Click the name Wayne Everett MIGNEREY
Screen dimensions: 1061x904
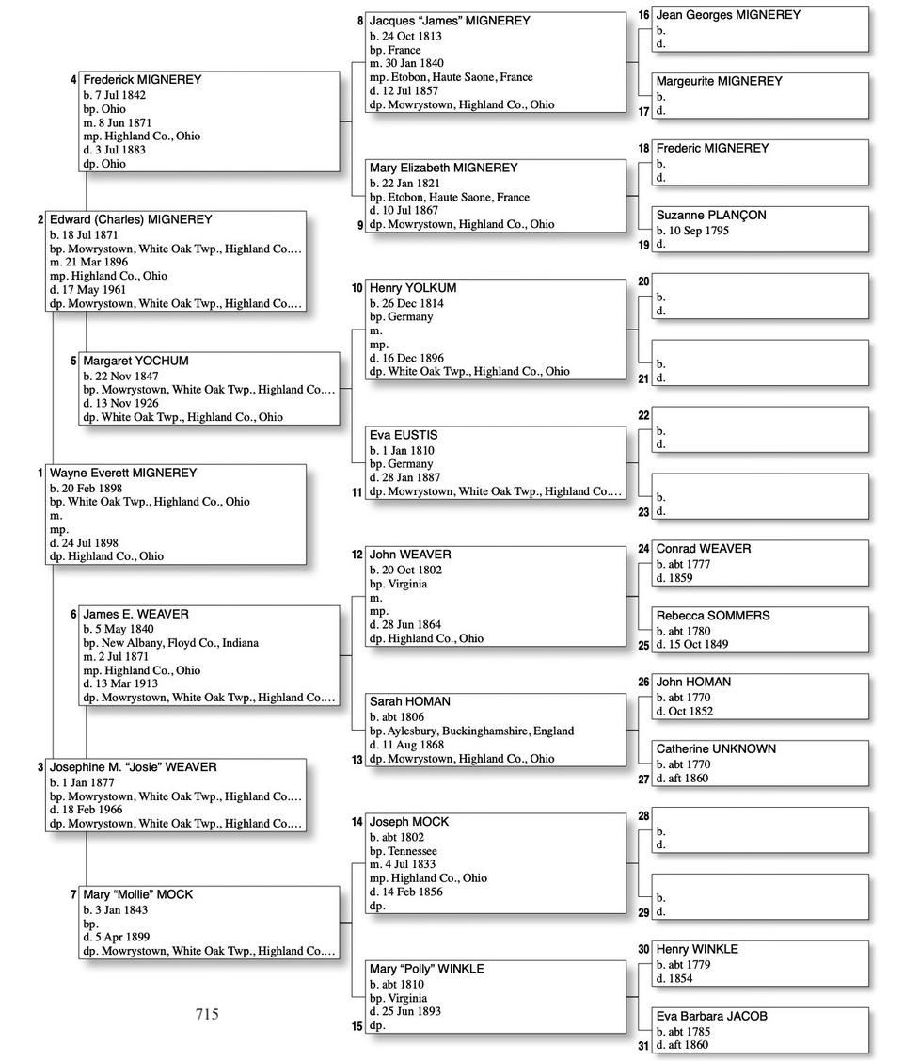[x=123, y=473]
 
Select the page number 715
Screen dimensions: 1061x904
[x=207, y=1014]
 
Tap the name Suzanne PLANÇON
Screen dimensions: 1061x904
[x=711, y=215]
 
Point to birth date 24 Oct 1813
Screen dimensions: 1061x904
[x=411, y=36]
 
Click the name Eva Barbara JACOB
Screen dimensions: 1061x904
[x=711, y=1016]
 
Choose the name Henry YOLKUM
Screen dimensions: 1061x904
[x=413, y=287]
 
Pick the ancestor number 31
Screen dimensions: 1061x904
[x=643, y=1045]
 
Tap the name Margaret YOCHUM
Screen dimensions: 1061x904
[x=135, y=361]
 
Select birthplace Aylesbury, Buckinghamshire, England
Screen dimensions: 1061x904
[x=481, y=731]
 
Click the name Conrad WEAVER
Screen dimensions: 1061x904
[x=704, y=548]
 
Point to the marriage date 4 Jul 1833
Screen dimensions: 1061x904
[x=410, y=864]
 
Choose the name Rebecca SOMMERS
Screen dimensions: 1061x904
[x=713, y=615]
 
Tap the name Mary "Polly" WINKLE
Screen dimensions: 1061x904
[x=427, y=969]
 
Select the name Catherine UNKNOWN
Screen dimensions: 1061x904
[x=716, y=748]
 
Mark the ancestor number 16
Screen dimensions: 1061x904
[x=643, y=15]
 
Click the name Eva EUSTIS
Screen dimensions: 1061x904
[x=404, y=435]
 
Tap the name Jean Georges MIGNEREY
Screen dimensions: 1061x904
[x=728, y=14]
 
